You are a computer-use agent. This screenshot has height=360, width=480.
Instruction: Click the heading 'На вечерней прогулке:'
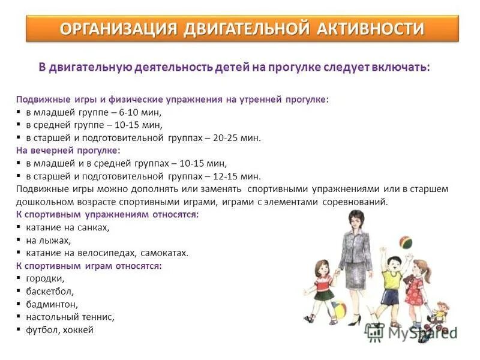pyautogui.click(x=68, y=150)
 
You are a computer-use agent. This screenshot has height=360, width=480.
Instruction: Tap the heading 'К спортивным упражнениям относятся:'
pyautogui.click(x=107, y=214)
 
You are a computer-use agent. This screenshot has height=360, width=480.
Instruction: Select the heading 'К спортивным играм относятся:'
pyautogui.click(x=88, y=265)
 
